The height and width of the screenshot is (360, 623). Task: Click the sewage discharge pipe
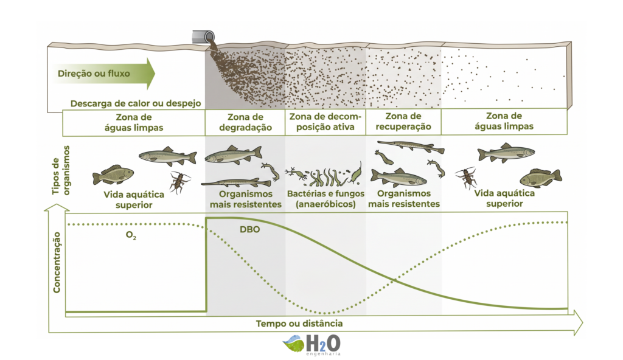point(203,36)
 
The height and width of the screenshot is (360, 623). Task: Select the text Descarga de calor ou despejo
point(136,104)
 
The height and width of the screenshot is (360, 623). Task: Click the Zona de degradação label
point(245,122)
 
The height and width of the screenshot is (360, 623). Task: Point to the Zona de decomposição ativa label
point(325,122)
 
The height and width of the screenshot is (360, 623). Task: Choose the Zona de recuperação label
point(403,122)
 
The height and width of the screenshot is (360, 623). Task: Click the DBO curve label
point(249,230)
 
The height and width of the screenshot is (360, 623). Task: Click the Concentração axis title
point(57,263)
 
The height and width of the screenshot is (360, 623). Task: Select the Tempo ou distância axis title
point(299,324)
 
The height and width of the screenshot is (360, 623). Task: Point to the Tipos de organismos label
point(61,170)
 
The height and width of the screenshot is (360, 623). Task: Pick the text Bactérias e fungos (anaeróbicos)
point(326,199)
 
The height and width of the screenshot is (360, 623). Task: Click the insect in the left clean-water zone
point(179,182)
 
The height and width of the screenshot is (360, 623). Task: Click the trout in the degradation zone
point(233,155)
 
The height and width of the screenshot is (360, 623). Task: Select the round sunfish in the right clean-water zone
point(540,178)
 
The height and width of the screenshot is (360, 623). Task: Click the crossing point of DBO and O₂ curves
point(394,281)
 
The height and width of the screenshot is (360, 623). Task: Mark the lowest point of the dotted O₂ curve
point(325,313)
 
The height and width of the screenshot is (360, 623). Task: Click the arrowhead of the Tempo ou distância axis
point(578,322)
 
